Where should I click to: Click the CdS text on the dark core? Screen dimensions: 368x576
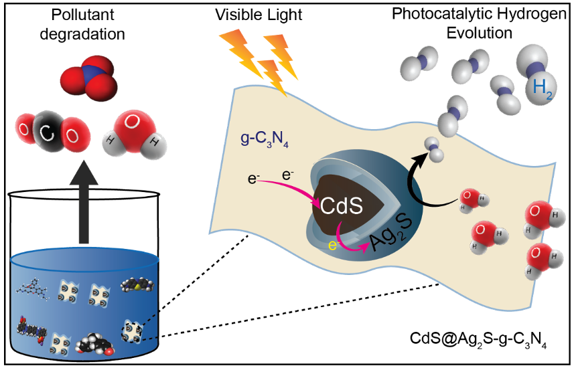(x=341, y=205)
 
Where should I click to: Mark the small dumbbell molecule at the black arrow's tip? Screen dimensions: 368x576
(x=435, y=149)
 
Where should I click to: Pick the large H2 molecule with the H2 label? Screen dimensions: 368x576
(x=534, y=82)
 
